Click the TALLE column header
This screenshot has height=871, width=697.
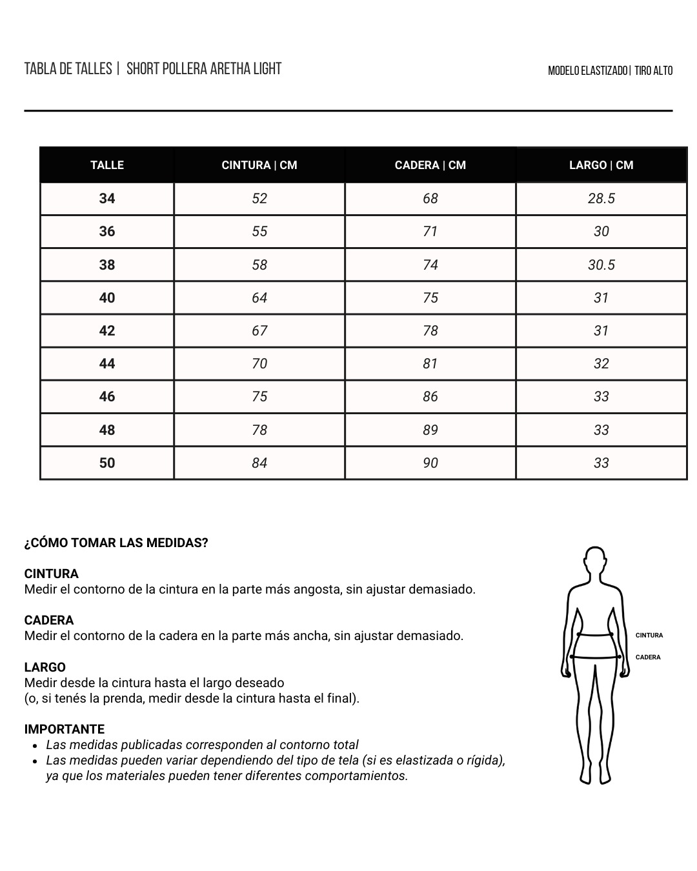[x=107, y=165]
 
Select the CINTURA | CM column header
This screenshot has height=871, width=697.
[x=259, y=165]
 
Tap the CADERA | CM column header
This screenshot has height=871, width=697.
[x=430, y=165]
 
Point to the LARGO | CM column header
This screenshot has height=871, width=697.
[x=601, y=165]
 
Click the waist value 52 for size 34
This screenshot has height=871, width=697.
[x=259, y=199]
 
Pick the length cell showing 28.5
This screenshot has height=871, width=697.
[x=601, y=199]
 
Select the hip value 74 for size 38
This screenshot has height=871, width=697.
[x=430, y=265]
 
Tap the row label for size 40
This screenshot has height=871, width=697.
[x=107, y=298]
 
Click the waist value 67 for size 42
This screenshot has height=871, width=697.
[x=259, y=331]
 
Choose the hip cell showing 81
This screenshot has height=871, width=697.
[x=430, y=364]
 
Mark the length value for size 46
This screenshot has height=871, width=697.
[x=601, y=397]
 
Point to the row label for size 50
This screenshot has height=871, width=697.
[x=107, y=463]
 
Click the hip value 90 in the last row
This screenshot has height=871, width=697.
[x=430, y=463]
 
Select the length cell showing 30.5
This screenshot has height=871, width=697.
[x=601, y=265]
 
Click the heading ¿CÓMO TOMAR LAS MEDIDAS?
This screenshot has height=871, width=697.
[x=116, y=543]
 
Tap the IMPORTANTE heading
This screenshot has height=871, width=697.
[x=65, y=730]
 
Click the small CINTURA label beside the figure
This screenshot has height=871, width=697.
[x=649, y=636]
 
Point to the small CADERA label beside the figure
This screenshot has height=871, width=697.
[x=648, y=657]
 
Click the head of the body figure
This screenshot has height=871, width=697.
[x=595, y=563]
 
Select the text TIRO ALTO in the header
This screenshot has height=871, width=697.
[x=654, y=71]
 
